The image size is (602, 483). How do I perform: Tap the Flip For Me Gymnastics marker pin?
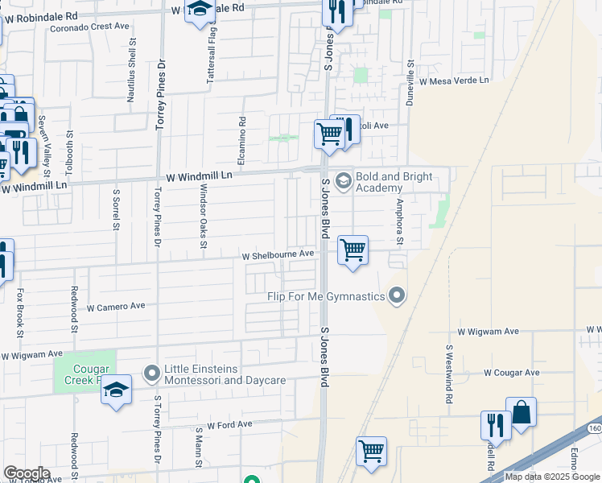[x=396, y=297]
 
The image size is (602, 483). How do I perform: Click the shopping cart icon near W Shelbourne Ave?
[x=353, y=250]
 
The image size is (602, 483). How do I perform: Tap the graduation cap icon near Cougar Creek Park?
[x=117, y=391]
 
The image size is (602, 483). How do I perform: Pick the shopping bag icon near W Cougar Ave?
[x=521, y=414]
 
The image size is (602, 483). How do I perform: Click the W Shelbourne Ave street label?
[x=278, y=254]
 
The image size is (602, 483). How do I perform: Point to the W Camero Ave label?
[x=116, y=307]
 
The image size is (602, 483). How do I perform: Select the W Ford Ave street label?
[x=229, y=424]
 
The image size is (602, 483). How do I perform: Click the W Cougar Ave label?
[x=511, y=373]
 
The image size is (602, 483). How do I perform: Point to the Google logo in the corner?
[x=27, y=473]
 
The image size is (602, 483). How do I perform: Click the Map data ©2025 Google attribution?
[x=551, y=477]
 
